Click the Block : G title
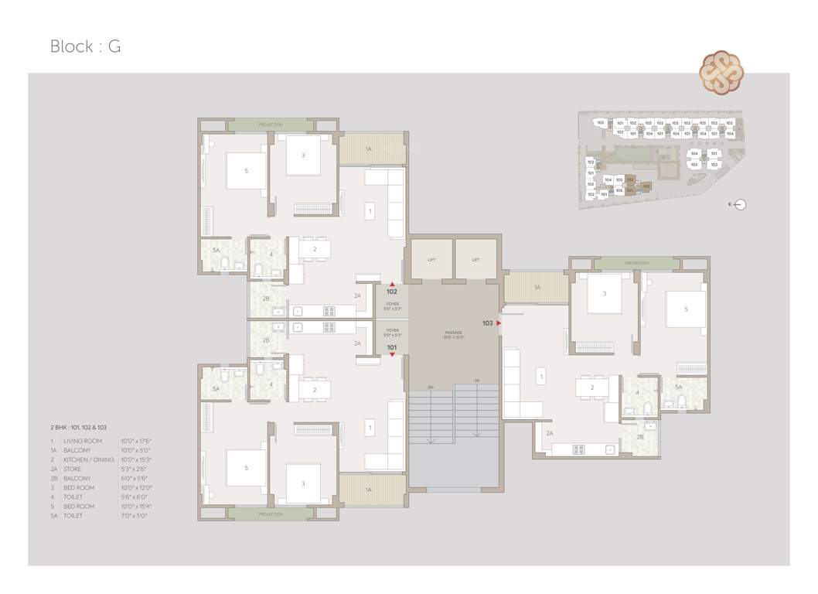[x=85, y=46]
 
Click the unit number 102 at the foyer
[x=392, y=292]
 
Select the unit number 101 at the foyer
[x=392, y=348]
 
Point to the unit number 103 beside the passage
[x=487, y=323]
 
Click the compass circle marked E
[x=741, y=205]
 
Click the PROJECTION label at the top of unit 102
[x=270, y=125]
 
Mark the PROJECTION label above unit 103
[x=636, y=264]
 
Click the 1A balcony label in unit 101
[x=369, y=490]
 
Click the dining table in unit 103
[x=593, y=387]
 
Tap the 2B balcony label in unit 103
[x=640, y=437]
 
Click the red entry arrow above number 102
[x=392, y=285]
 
